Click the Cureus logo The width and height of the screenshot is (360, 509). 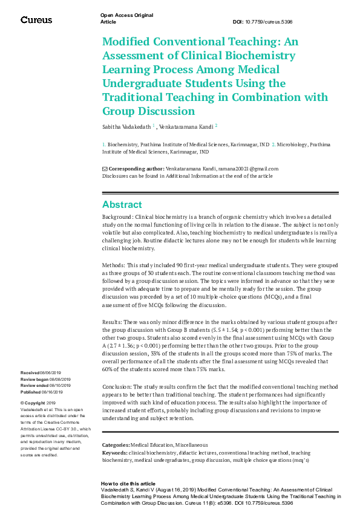pyautogui.click(x=36, y=20)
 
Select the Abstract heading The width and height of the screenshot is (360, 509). pyautogui.click(x=122, y=204)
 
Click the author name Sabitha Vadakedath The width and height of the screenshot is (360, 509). pyautogui.click(x=126, y=127)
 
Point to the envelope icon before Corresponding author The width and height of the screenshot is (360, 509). pyautogui.click(x=104, y=169)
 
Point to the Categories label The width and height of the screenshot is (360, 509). pyautogui.click(x=116, y=445)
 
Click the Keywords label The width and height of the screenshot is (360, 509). pyautogui.click(x=114, y=452)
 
